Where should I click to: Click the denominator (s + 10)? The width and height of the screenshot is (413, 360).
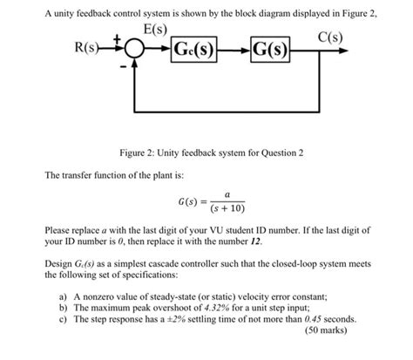point(227,211)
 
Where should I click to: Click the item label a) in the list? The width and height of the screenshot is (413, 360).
point(64,297)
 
